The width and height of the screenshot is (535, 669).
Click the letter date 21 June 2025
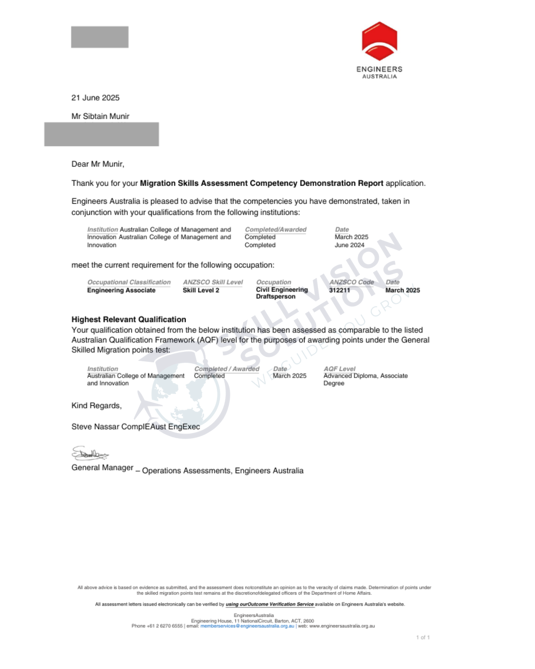point(96,98)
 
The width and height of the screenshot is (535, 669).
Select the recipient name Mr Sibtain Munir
point(100,116)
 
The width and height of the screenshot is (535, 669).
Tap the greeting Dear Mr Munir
point(98,164)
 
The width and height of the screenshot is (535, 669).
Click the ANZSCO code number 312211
point(339,290)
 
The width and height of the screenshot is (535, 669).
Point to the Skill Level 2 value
point(201,290)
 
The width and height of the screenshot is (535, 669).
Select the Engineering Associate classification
point(121,290)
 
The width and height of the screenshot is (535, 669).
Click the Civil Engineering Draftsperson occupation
point(281,293)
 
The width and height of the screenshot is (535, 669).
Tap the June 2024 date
point(349,245)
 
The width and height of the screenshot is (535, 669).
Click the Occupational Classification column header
point(129,282)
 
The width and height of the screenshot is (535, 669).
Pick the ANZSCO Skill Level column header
point(213,282)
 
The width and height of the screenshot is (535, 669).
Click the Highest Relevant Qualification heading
point(129,320)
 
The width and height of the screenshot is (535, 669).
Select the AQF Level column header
point(339,369)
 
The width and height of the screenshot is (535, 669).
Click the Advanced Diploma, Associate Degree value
point(365,380)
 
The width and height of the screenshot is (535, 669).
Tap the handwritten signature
point(90,453)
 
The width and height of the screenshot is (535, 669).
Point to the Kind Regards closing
point(96,405)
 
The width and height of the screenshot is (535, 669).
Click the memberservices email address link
point(247,626)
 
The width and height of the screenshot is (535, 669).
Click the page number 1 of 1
point(423,637)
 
